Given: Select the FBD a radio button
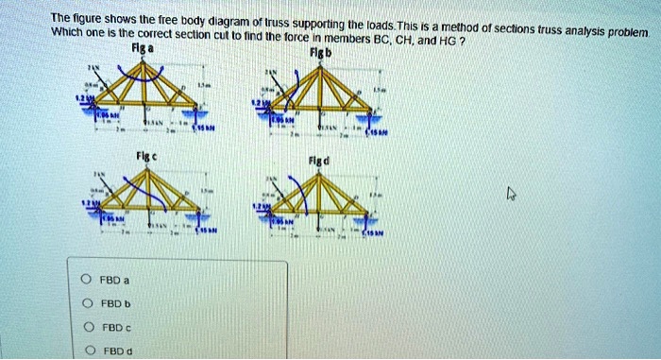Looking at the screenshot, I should point(86,281).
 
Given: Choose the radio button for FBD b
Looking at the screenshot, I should point(86,303).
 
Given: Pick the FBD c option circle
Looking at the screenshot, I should point(86,327).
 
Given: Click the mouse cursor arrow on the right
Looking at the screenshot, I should point(511,194).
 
